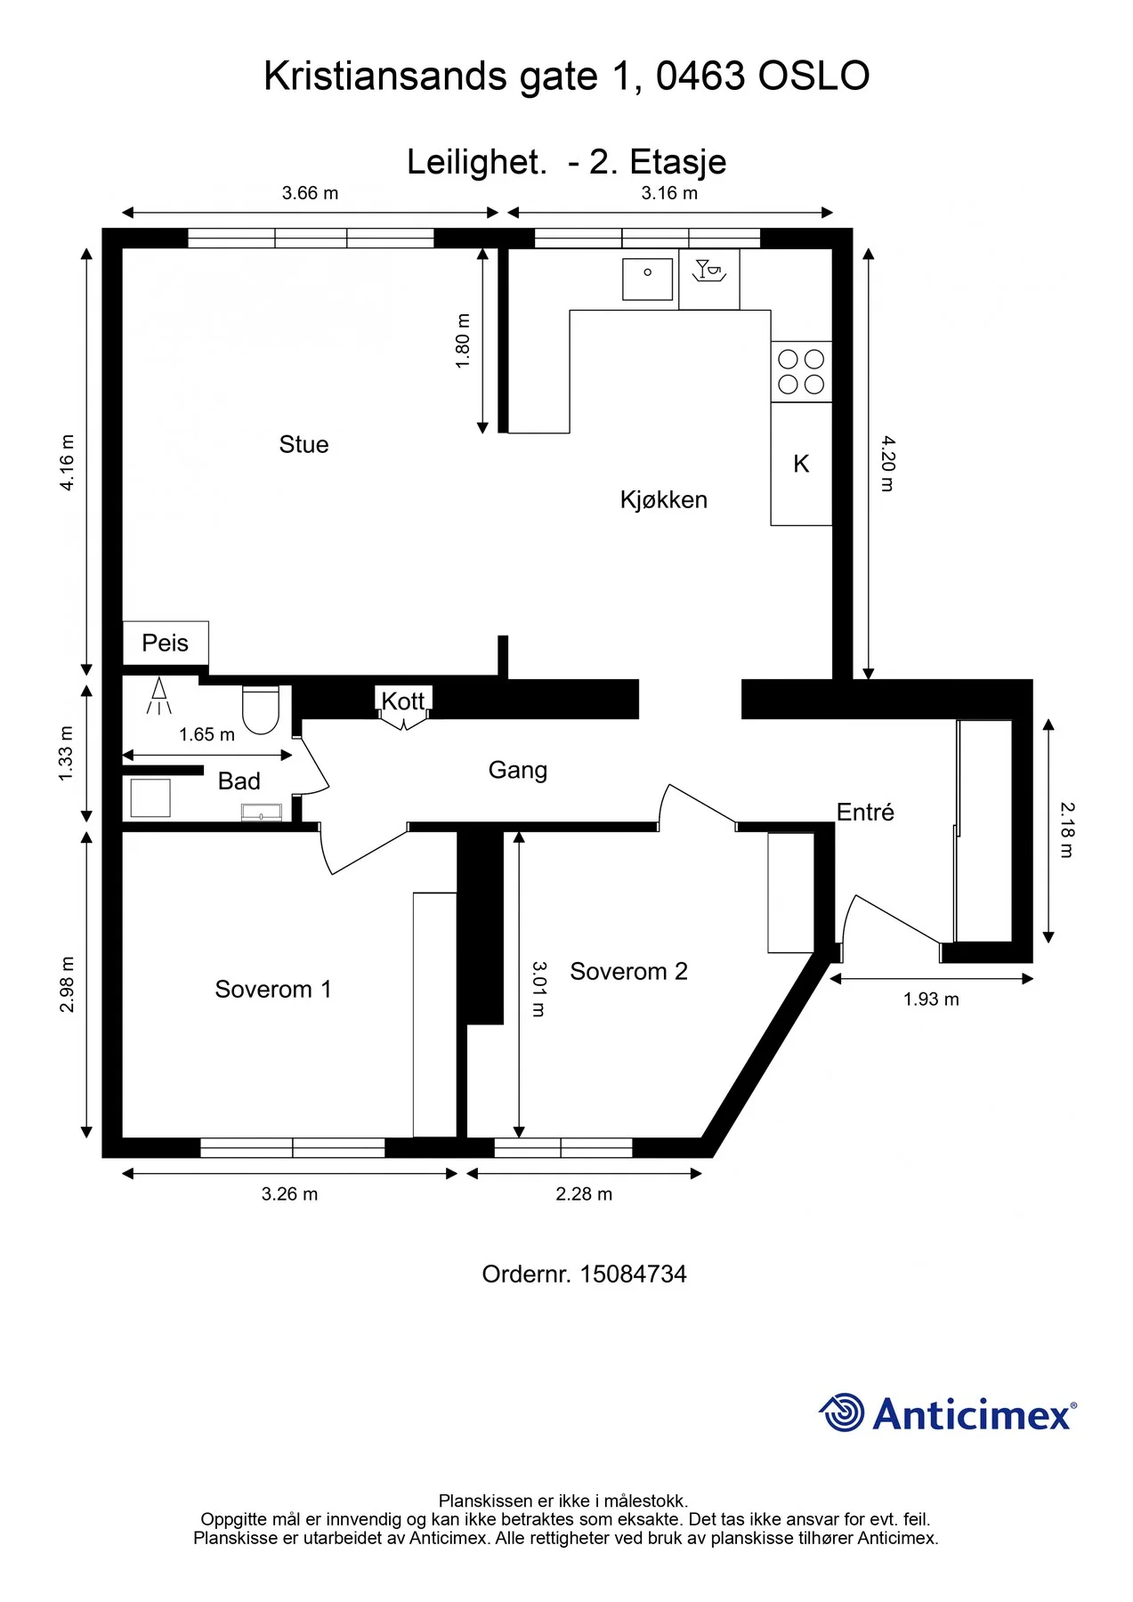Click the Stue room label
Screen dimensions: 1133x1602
(303, 444)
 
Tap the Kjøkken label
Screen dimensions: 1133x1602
(664, 499)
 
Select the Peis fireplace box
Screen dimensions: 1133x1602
(166, 643)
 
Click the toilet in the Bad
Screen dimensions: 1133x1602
(261, 710)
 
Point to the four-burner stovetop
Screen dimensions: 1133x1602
(801, 372)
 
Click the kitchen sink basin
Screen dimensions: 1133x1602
(647, 279)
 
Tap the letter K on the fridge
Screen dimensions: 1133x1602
(801, 464)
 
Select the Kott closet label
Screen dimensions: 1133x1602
(403, 701)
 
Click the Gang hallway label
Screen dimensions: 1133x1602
(518, 770)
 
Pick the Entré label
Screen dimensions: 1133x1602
(865, 812)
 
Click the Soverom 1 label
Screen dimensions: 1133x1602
(273, 989)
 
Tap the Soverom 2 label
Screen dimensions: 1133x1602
(629, 971)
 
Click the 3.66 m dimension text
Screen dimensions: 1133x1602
(311, 193)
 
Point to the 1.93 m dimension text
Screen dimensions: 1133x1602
(931, 999)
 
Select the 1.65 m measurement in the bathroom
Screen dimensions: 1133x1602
(206, 734)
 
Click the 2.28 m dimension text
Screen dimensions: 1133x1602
(584, 1194)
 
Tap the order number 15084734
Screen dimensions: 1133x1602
(633, 1274)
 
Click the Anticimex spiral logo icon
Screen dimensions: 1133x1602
(841, 1412)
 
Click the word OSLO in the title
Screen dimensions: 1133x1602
(813, 77)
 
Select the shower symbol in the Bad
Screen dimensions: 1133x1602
(159, 696)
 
